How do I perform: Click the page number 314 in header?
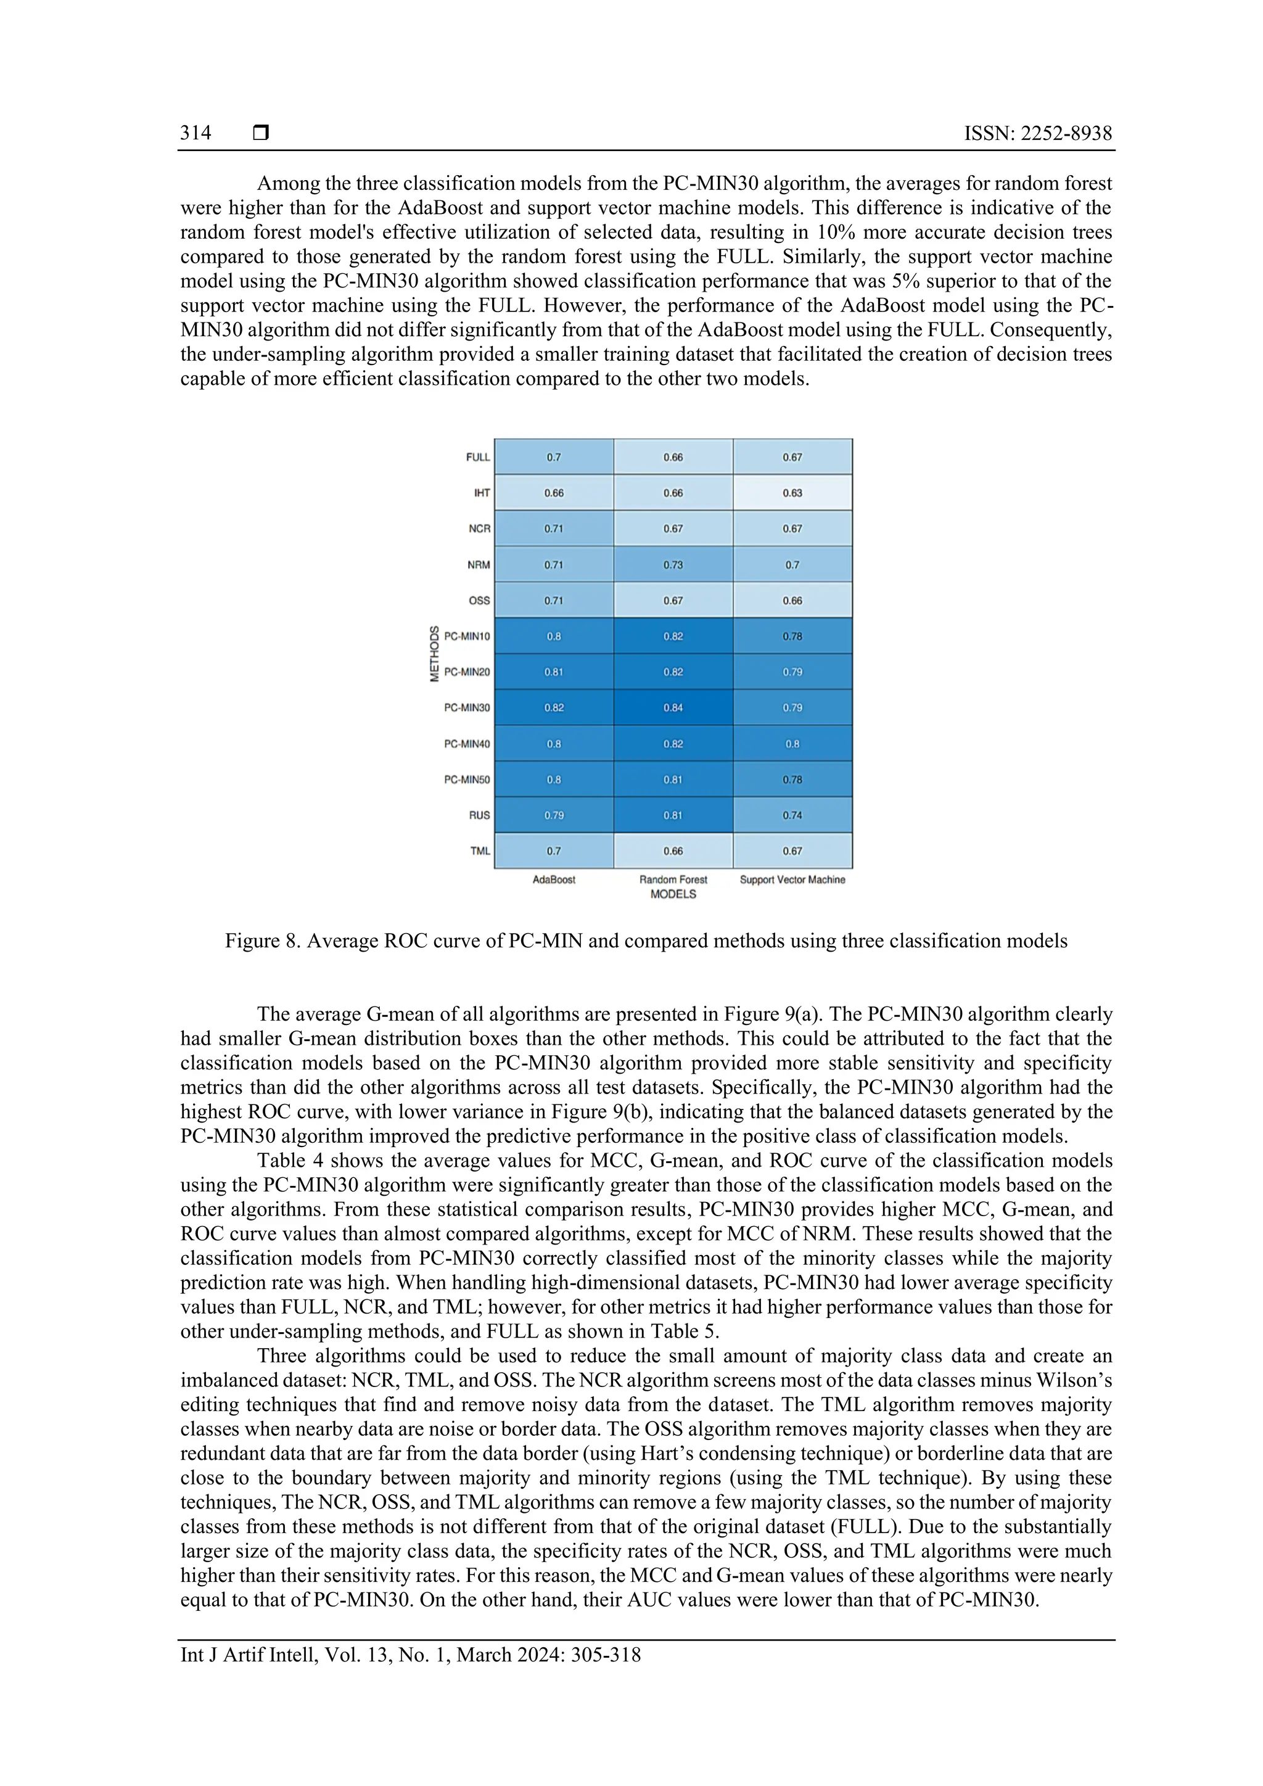195,133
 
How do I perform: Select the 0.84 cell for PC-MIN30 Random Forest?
673,708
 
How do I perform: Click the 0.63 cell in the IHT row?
792,493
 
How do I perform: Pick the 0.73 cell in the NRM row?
673,565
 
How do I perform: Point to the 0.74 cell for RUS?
792,815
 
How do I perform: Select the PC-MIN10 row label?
467,636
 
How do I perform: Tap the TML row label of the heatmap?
480,851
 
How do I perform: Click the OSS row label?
479,601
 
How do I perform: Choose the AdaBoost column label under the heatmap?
554,880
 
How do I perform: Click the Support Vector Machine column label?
792,880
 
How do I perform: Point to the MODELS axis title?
673,895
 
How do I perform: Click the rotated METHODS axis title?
435,654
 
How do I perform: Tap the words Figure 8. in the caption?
262,941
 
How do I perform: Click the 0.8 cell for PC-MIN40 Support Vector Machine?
792,744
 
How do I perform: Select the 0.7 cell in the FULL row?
554,458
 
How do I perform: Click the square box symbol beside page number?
261,133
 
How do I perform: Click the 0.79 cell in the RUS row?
554,815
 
